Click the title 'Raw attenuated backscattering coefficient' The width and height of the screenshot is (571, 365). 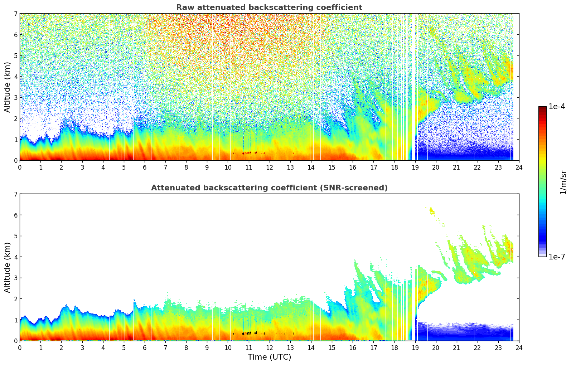(x=269, y=8)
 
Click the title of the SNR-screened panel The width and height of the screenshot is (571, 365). (x=269, y=188)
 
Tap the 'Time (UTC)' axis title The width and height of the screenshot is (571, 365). (x=269, y=357)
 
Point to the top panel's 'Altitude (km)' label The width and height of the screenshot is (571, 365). (x=7, y=87)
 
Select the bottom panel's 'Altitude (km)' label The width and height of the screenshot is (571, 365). (x=7, y=267)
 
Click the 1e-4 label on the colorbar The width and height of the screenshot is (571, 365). (x=557, y=107)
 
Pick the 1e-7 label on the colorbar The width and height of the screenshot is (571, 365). (x=557, y=257)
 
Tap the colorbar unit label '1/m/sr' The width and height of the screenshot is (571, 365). (x=563, y=182)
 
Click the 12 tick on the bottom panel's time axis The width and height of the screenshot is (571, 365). (x=269, y=348)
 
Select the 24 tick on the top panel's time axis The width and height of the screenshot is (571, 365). (x=519, y=167)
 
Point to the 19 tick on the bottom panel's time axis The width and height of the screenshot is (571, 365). (x=415, y=348)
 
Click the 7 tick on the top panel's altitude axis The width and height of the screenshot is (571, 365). (x=15, y=14)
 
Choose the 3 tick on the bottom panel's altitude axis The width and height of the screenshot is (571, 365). (x=15, y=278)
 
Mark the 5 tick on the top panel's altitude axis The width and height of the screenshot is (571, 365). (x=15, y=55)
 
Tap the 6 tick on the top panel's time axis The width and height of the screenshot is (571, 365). (x=145, y=167)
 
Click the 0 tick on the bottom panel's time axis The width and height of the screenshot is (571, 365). (x=20, y=348)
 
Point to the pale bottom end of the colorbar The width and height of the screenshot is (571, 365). (x=542, y=255)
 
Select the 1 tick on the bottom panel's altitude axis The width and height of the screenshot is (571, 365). (x=15, y=320)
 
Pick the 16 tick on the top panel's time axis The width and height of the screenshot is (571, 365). (x=353, y=167)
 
